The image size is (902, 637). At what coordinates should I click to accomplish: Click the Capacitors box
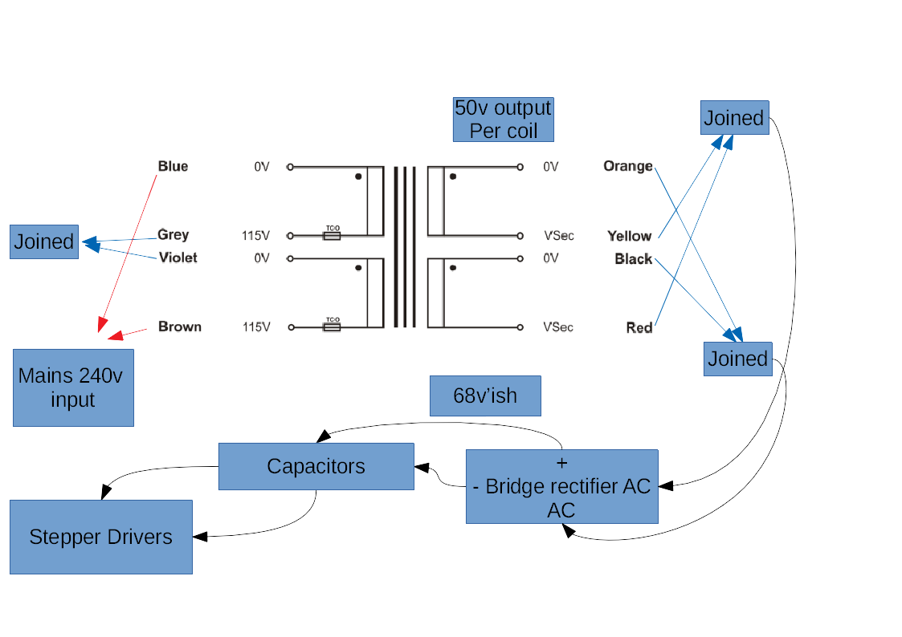click(x=316, y=466)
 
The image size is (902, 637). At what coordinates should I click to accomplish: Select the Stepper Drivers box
click(x=101, y=537)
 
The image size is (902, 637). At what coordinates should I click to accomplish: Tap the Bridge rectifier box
click(x=562, y=486)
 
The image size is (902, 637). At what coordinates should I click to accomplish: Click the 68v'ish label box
click(x=485, y=396)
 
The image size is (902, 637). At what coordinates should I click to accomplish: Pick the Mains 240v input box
click(x=73, y=387)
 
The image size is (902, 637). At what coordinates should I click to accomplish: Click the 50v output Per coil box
click(x=503, y=119)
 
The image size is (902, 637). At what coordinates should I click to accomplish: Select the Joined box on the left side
click(x=44, y=241)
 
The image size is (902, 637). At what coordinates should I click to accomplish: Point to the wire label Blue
click(x=173, y=166)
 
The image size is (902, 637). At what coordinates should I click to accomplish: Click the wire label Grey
click(x=173, y=234)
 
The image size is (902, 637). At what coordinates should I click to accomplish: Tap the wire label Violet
click(x=178, y=258)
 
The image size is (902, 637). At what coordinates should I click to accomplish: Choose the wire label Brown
click(x=179, y=327)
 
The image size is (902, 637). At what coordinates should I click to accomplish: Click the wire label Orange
click(x=627, y=166)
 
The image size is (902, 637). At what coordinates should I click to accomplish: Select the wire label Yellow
click(x=629, y=236)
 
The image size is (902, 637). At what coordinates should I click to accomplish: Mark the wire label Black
click(x=633, y=259)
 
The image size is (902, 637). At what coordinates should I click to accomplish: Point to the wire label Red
click(x=639, y=327)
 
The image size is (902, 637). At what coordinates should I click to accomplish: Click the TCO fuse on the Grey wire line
click(x=331, y=235)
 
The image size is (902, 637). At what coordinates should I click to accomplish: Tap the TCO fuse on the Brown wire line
click(x=331, y=327)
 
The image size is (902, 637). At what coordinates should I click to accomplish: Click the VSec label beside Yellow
click(x=558, y=236)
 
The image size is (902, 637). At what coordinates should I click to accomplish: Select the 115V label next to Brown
click(x=256, y=327)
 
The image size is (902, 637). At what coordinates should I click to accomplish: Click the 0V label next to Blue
click(x=262, y=167)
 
